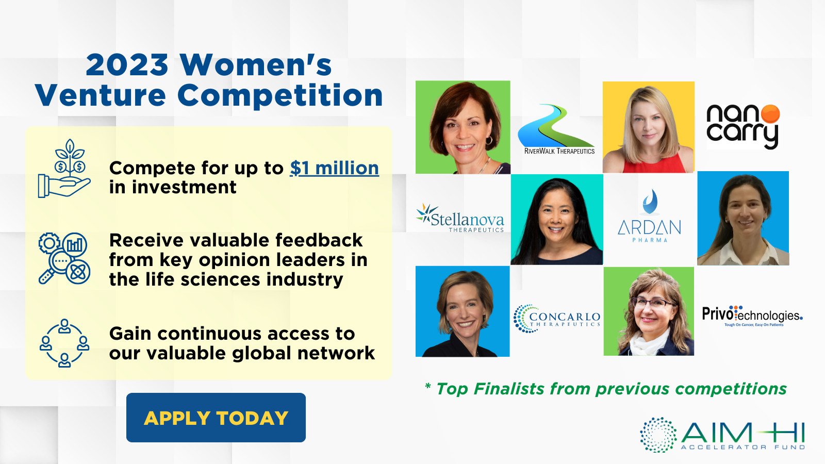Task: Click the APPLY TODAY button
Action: [216, 417]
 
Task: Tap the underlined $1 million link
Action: [335, 168]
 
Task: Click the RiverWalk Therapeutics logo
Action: [556, 129]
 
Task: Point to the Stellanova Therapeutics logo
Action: [460, 218]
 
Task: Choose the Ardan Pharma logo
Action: [649, 216]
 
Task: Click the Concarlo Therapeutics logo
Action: [556, 319]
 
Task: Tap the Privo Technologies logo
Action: [752, 316]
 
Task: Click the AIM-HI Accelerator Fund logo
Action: [722, 435]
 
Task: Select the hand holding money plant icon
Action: [64, 169]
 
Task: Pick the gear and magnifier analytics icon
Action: [64, 258]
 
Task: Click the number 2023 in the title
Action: [127, 65]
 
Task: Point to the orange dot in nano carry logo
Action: [770, 114]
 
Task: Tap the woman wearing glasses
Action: [649, 311]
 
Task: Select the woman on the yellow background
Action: [649, 127]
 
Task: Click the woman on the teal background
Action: [556, 220]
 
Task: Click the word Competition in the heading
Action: [280, 96]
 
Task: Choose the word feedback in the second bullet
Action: [319, 240]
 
